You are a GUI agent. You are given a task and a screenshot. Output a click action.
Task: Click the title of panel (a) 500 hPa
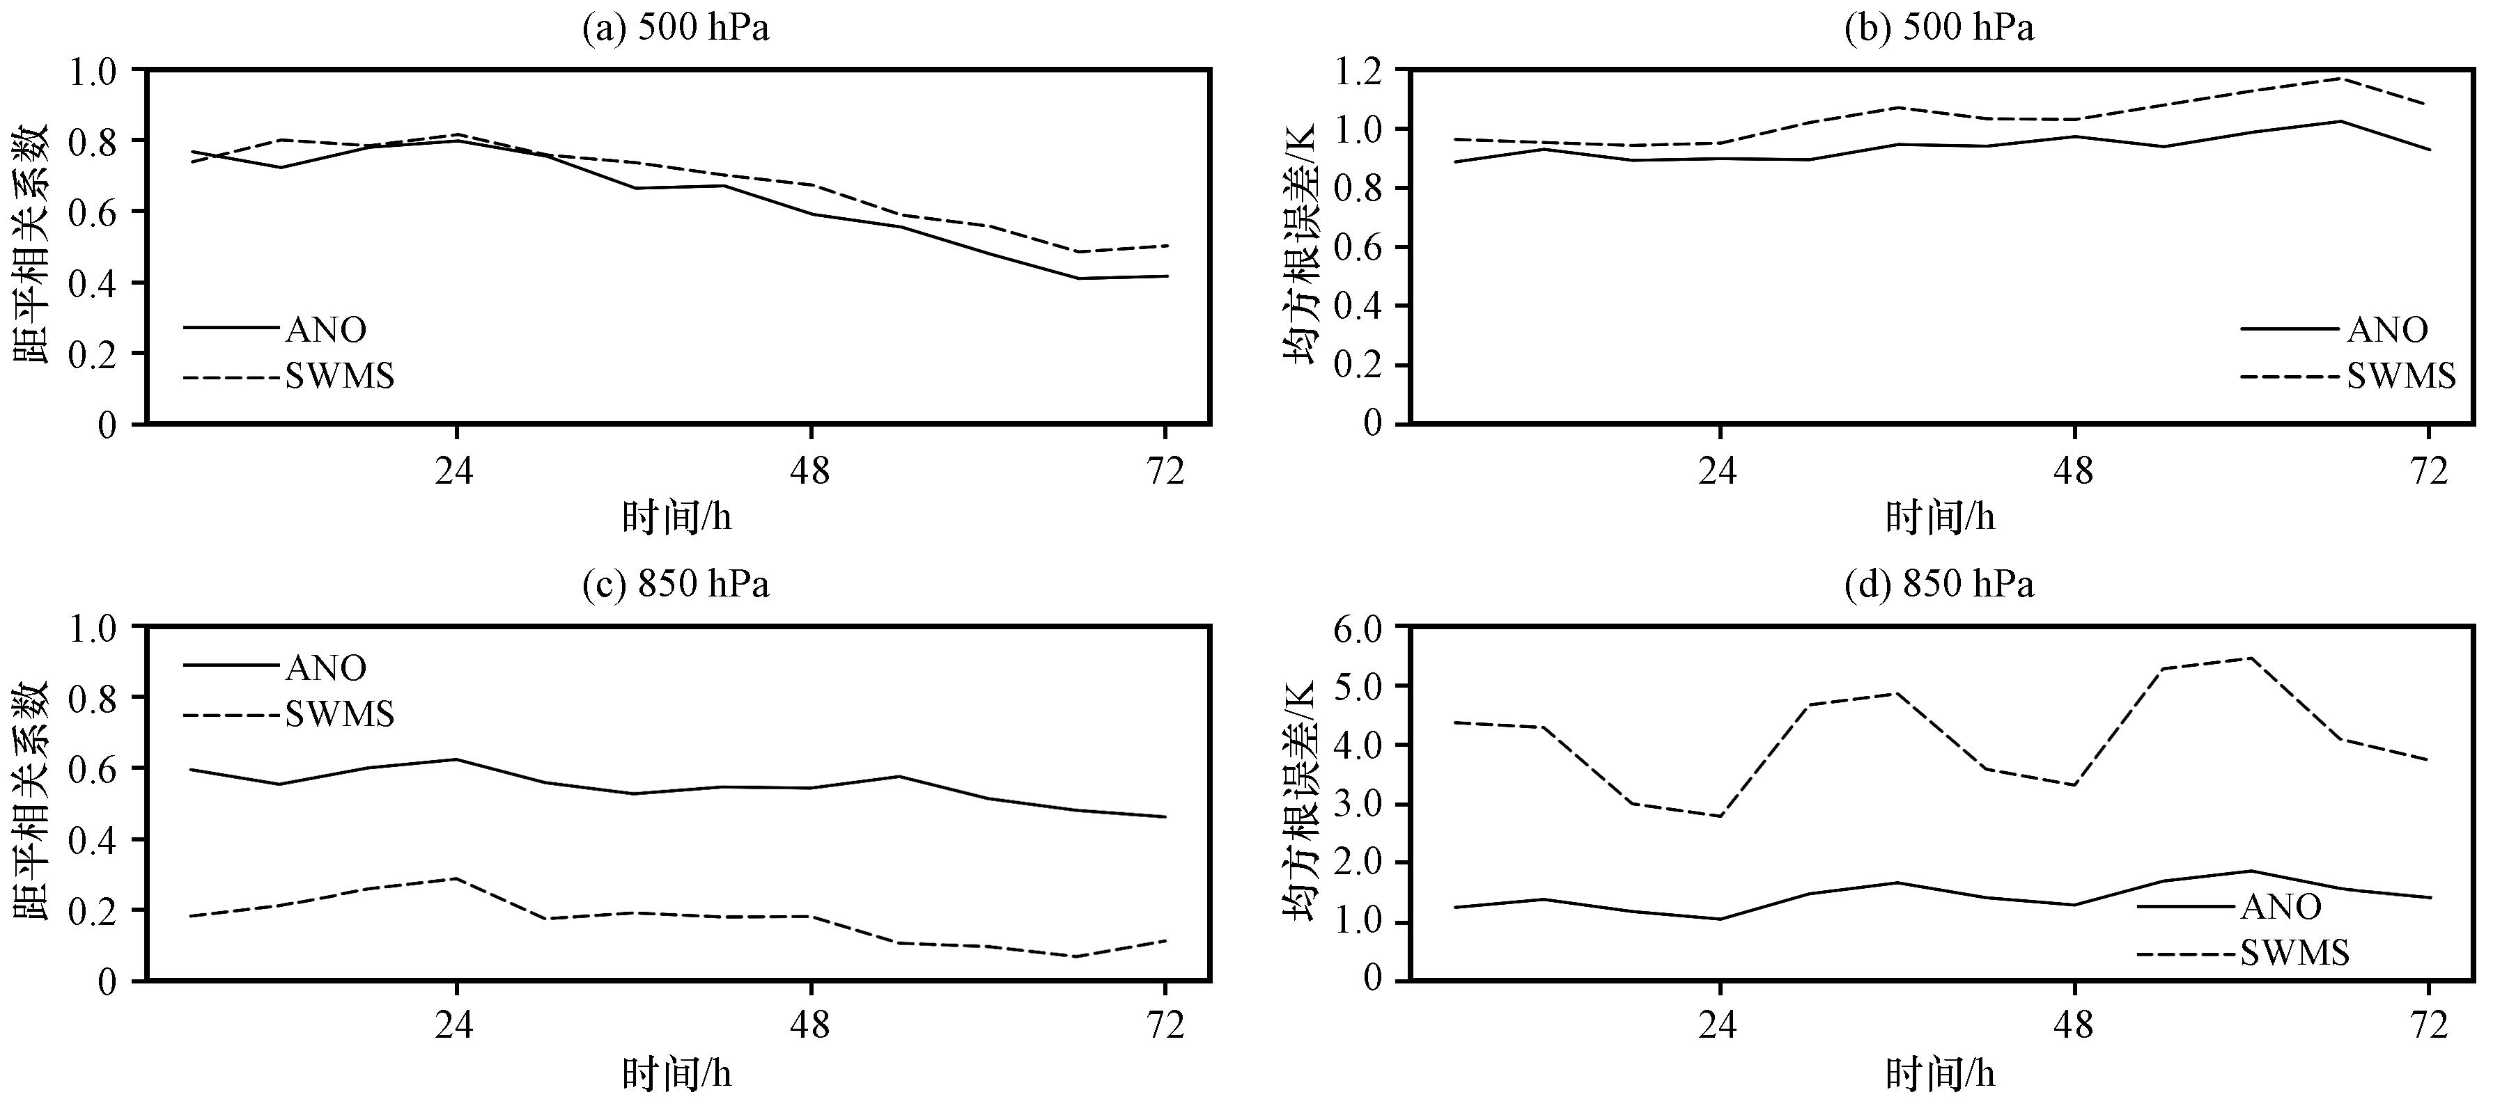click(676, 28)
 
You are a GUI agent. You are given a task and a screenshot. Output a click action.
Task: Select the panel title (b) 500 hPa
click(1939, 28)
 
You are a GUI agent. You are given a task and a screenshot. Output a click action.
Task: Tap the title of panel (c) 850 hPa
click(676, 585)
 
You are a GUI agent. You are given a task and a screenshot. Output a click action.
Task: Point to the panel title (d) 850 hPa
click(1939, 585)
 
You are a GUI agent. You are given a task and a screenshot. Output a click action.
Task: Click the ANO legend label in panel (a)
click(326, 330)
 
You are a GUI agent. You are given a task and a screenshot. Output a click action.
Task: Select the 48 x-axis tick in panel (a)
click(810, 472)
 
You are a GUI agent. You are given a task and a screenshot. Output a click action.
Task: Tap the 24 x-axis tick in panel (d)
click(1719, 1025)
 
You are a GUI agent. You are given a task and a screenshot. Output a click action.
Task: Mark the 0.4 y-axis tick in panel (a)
click(94, 283)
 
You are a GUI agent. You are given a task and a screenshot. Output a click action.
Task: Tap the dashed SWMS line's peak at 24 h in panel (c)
click(456, 878)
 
